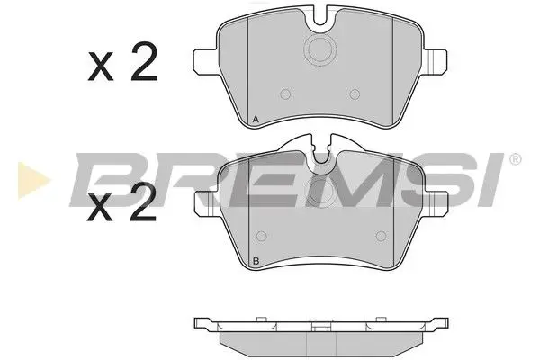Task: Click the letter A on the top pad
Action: pyautogui.click(x=256, y=120)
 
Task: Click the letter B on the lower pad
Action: pyautogui.click(x=256, y=263)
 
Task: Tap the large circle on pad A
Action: pyautogui.click(x=320, y=49)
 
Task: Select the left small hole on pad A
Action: pyautogui.click(x=285, y=93)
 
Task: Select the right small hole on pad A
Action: pyautogui.click(x=355, y=93)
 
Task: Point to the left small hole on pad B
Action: pyautogui.click(x=261, y=238)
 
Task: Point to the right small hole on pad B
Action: pyautogui.click(x=378, y=238)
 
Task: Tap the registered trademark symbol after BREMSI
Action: pyautogui.click(x=514, y=159)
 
